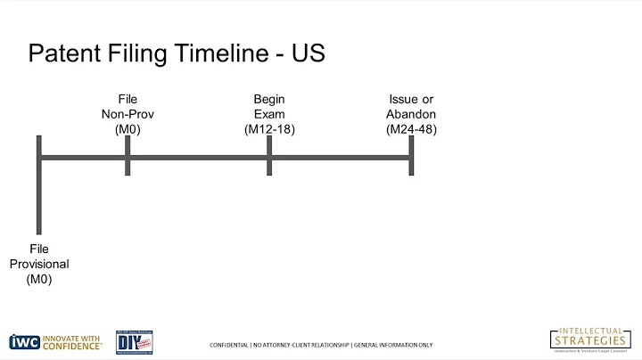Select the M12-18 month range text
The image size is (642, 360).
point(268,130)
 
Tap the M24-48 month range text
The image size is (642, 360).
point(411,130)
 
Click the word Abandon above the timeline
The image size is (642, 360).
point(411,114)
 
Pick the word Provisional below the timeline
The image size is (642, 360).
point(39,265)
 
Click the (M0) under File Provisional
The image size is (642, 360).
point(39,280)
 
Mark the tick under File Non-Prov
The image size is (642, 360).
point(128,156)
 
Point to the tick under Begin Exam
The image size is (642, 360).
point(268,156)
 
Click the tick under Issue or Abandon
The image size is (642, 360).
point(411,156)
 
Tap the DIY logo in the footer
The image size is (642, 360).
point(134,341)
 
